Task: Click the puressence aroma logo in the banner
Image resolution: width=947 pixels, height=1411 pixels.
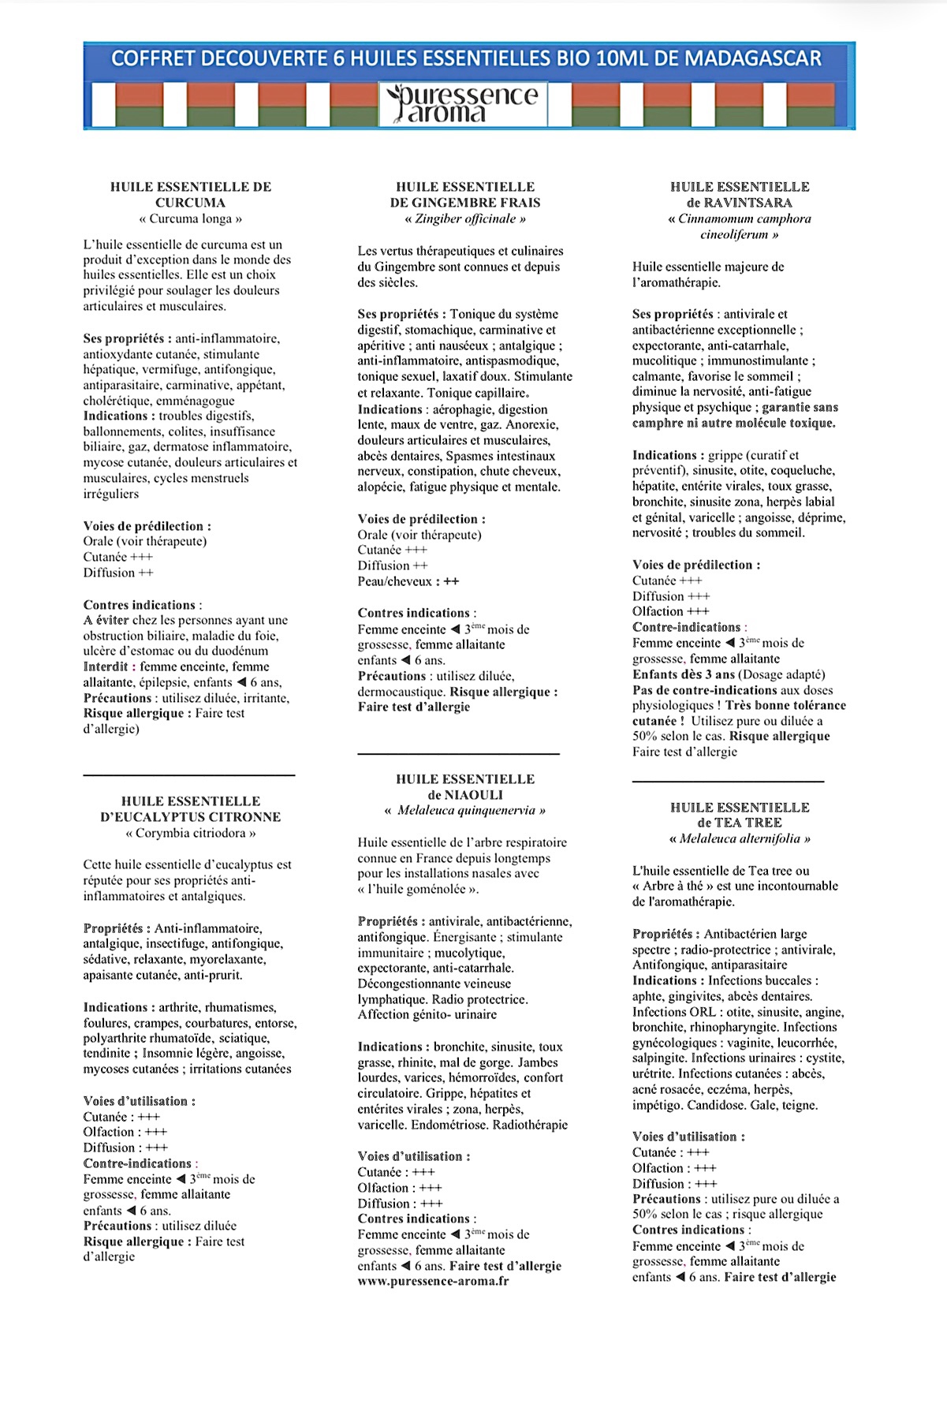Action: [x=463, y=104]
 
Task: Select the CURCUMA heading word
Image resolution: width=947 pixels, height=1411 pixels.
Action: [x=190, y=203]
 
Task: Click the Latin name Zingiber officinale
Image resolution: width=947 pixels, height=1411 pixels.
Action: [x=465, y=218]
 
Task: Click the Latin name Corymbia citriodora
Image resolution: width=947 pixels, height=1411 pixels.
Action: [x=190, y=833]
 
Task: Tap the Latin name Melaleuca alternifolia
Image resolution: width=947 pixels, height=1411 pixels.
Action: [x=740, y=838]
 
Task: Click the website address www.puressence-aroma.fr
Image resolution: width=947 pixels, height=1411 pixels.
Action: [x=433, y=1281]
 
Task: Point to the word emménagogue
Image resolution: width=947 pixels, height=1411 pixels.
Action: [x=195, y=401]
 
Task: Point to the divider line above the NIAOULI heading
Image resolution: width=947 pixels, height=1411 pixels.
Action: [x=458, y=755]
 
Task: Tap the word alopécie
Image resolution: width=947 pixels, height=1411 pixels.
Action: [x=380, y=487]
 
